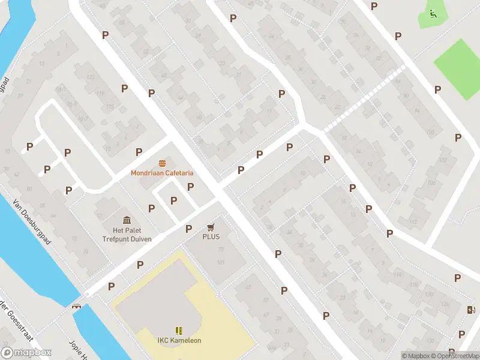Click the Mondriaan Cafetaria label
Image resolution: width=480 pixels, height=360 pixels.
163,173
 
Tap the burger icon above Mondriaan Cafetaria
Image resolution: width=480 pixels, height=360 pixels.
163,163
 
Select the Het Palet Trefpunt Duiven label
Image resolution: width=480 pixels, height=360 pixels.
127,235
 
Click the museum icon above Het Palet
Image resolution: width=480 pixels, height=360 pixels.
127,221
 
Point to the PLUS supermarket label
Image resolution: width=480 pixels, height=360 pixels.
211,236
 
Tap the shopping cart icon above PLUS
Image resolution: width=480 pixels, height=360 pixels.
211,227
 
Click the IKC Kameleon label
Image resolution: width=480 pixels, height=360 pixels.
179,341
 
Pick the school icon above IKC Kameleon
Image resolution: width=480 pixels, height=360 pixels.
179,331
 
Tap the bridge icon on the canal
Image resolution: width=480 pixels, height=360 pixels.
77,306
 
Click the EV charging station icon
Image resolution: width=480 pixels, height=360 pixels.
471,310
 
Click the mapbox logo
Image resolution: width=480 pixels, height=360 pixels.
26,353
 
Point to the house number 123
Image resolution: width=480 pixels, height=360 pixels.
91,77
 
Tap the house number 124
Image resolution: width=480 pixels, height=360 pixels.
445,305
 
